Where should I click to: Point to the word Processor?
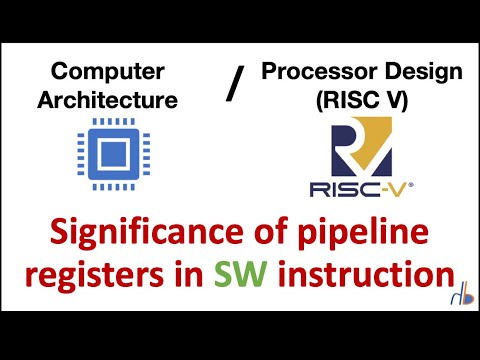coord(307,72)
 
